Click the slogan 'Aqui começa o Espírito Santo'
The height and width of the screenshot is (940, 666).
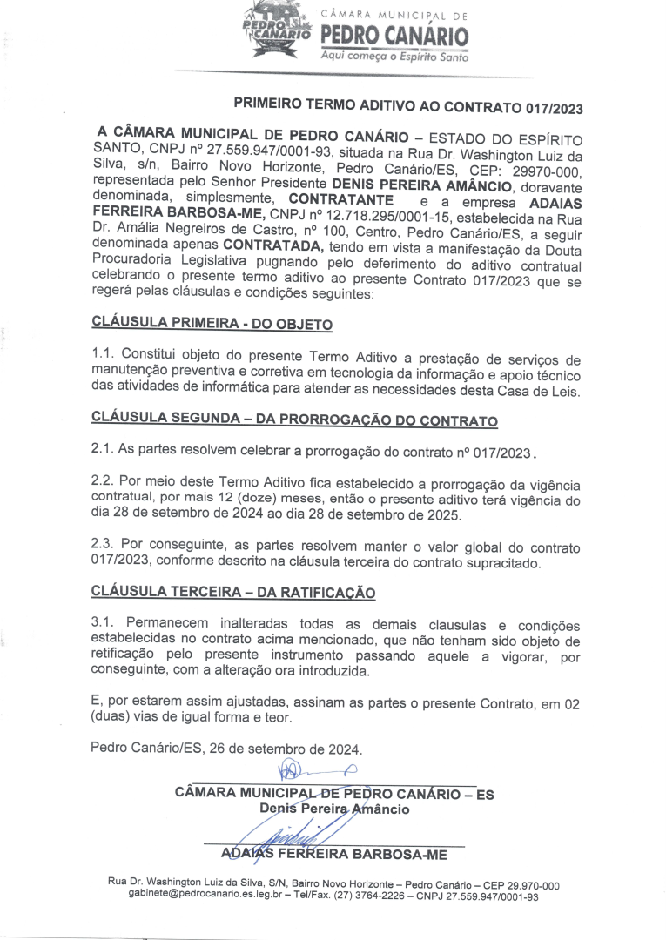pos(394,57)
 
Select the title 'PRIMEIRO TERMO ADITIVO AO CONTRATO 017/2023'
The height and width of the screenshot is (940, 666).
pos(408,106)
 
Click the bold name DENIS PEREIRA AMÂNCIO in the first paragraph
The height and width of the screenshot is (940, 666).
pos(423,185)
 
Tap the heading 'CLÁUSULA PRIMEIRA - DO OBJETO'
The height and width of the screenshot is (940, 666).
pos(212,325)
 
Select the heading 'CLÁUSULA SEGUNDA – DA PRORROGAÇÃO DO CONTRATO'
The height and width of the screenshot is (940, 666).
pos(294,420)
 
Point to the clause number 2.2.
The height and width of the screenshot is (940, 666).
pos(104,482)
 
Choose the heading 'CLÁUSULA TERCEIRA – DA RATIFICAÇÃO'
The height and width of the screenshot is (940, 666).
pos(233,594)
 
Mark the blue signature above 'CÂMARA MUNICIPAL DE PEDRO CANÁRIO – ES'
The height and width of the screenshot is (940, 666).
pos(313,770)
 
